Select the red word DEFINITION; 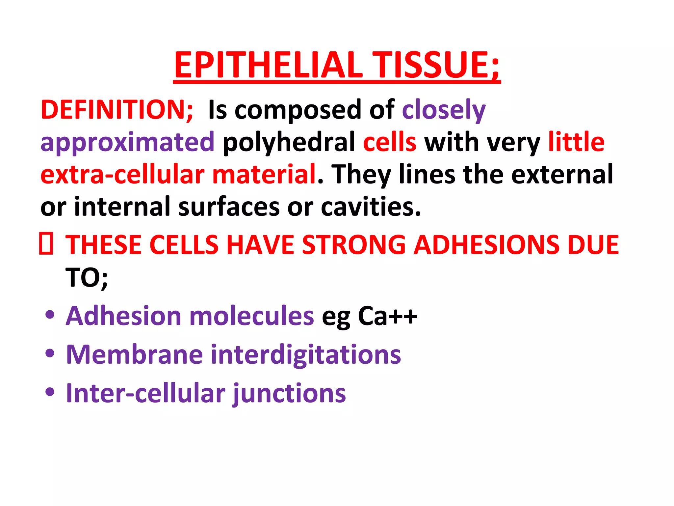coord(117,110)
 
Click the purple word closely coord(444,110)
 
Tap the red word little coord(576,142)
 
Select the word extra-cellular coord(122,174)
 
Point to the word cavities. coord(371,207)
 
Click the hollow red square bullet coord(46,244)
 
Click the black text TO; coord(87,278)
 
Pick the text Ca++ coord(387,316)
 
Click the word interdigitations coord(306,354)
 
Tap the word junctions coord(289,393)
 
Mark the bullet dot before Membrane coord(50,353)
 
